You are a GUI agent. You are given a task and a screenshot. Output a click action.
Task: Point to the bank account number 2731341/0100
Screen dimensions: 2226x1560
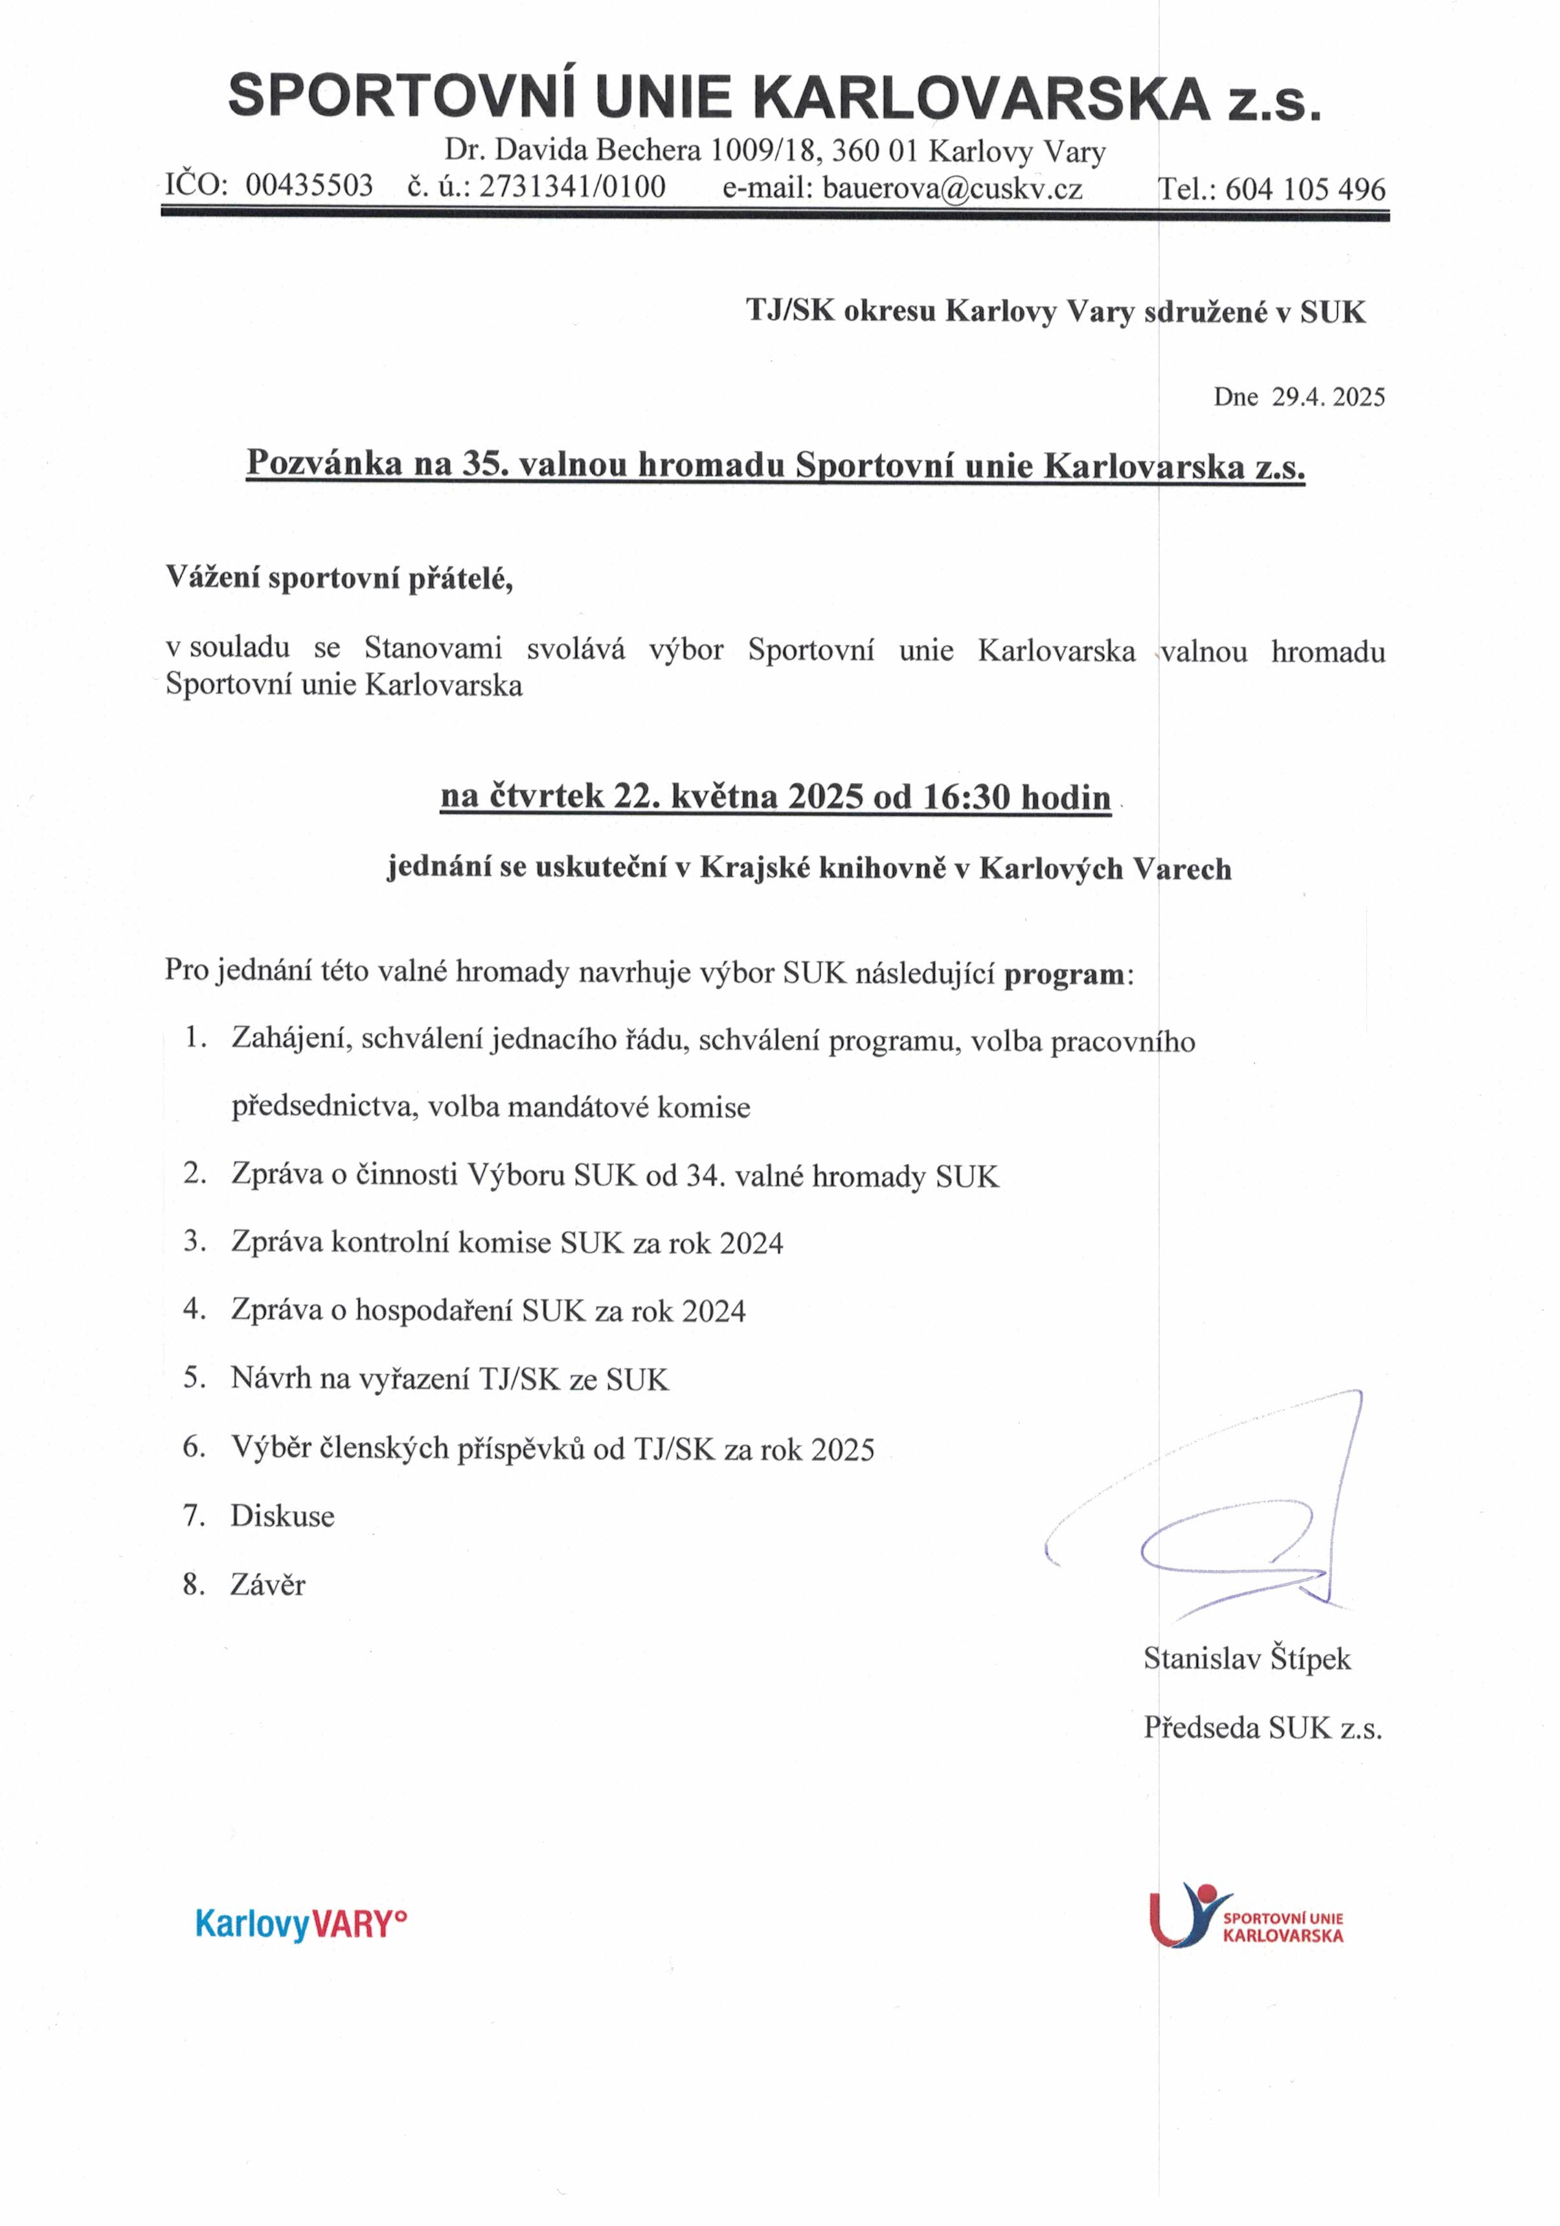tap(572, 186)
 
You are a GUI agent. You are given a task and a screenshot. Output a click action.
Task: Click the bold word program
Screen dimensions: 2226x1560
tap(1063, 973)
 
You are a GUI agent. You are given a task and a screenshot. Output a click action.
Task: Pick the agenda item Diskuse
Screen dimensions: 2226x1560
tap(282, 1516)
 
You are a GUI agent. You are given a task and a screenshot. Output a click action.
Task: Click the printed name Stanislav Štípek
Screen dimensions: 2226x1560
tap(1246, 1659)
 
